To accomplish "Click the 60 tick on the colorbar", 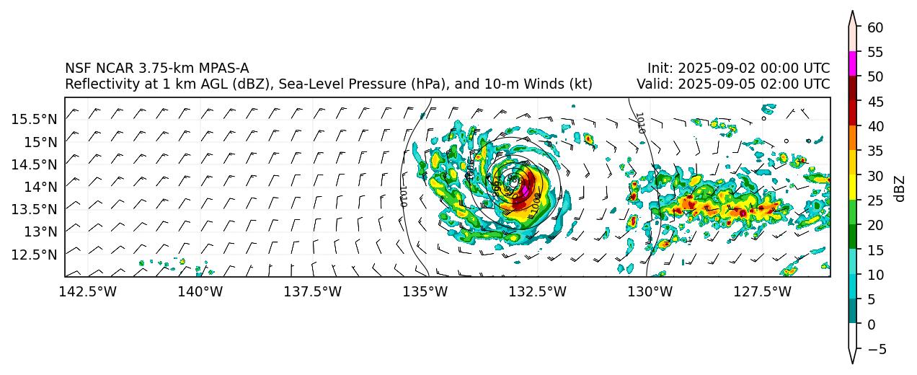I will (x=874, y=27).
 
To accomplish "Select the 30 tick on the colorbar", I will (x=874, y=176).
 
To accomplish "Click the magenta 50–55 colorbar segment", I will (x=853, y=63).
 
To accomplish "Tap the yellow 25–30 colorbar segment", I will (x=853, y=187).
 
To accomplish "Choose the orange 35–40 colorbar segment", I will (x=853, y=138).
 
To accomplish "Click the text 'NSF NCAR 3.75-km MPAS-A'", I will (x=156, y=69).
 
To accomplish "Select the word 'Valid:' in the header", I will (x=655, y=84).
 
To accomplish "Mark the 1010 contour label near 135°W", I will (x=404, y=196).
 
